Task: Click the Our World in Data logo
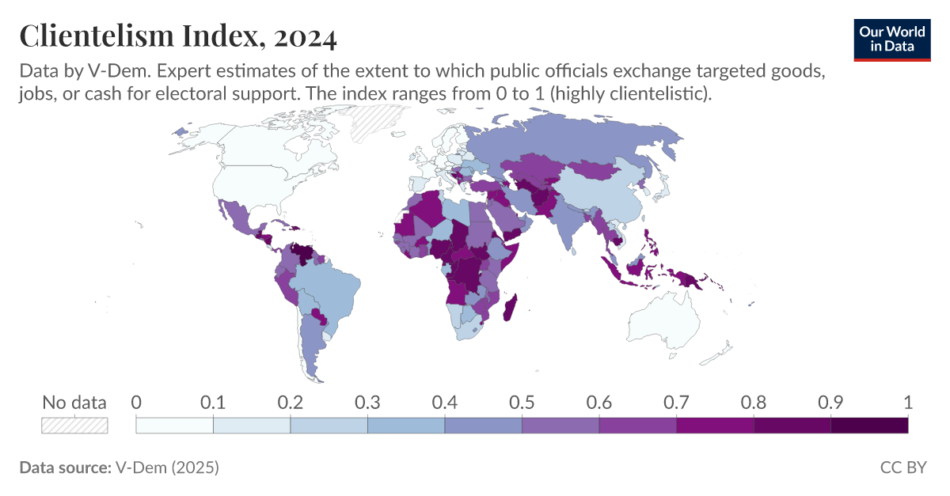pos(891,38)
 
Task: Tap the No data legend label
pos(74,403)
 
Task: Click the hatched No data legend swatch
pos(74,426)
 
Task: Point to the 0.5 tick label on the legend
pos(522,403)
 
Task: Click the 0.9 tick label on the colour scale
pos(830,403)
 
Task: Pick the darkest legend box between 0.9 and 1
pos(869,426)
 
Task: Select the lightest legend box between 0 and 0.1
pos(174,426)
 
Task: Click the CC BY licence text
pos(902,468)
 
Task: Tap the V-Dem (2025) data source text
pos(167,468)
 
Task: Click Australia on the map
pos(663,324)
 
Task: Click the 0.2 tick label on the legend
pos(291,403)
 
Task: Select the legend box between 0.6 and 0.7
pos(637,426)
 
